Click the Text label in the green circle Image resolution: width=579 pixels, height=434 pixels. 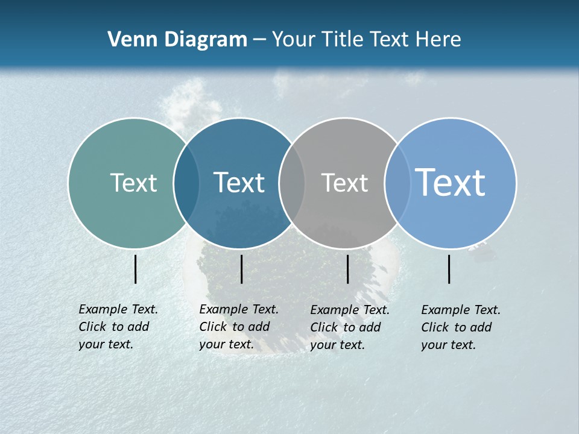click(x=133, y=183)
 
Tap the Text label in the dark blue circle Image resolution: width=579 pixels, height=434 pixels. click(x=239, y=183)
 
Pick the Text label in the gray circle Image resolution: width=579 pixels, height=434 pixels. click(x=344, y=183)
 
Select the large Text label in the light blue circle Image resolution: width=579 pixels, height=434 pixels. click(x=451, y=183)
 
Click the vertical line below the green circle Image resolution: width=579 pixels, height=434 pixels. click(x=136, y=269)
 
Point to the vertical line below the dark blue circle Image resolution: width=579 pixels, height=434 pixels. click(x=241, y=269)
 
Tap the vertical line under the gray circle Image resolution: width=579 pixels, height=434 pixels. click(x=347, y=269)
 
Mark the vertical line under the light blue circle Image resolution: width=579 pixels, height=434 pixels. click(x=449, y=269)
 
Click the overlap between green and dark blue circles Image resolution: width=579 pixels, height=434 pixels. click(x=186, y=183)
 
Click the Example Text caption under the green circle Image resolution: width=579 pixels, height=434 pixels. click(x=118, y=327)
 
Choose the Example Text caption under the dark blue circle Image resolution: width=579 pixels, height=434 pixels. click(x=239, y=327)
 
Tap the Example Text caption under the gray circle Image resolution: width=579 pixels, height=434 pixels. click(x=350, y=327)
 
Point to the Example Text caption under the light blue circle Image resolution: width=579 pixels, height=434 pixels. click(x=461, y=327)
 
